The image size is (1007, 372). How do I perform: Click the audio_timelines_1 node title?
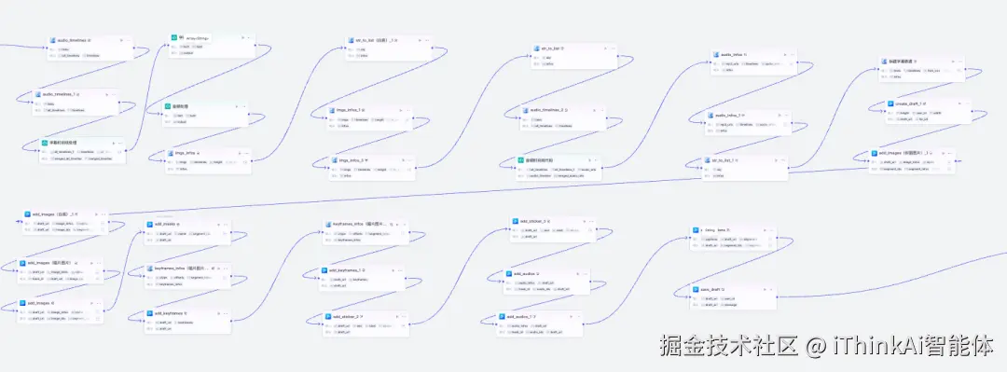pyautogui.click(x=62, y=94)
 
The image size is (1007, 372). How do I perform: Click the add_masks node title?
pyautogui.click(x=169, y=224)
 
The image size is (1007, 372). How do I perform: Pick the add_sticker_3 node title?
pyautogui.click(x=533, y=221)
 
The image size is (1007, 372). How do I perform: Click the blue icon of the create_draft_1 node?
pyautogui.click(x=890, y=103)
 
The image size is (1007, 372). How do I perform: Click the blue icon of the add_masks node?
pyautogui.click(x=149, y=224)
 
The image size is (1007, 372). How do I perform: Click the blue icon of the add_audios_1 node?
pyautogui.click(x=500, y=317)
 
